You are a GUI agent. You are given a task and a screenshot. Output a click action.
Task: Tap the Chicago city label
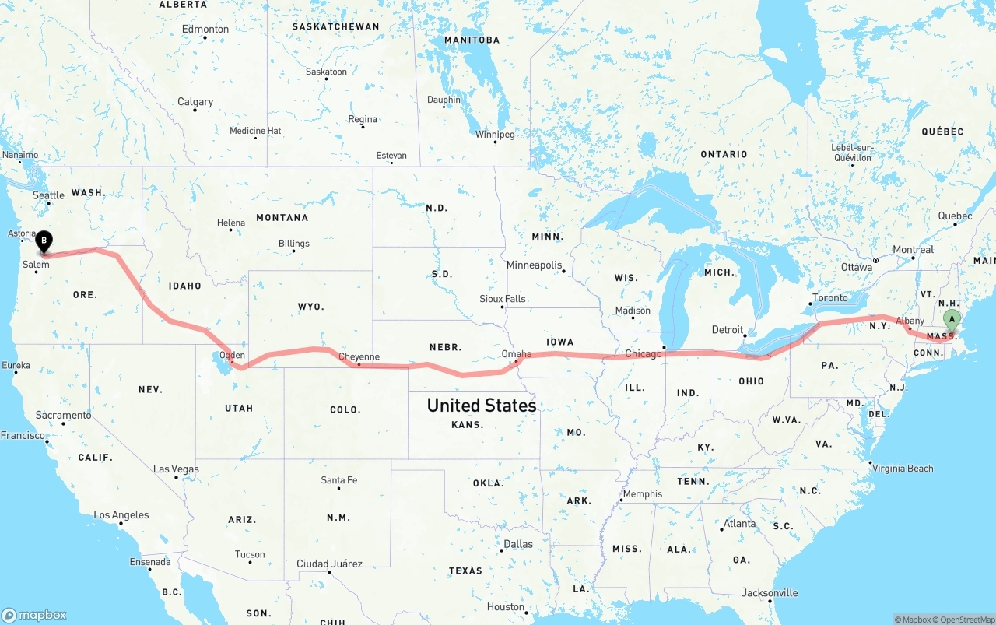coord(643,354)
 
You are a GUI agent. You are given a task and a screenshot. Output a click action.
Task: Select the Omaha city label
coord(517,354)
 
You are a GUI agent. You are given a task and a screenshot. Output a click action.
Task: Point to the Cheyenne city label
coord(359,357)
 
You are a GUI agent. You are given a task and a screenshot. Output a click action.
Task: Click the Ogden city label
coord(233,356)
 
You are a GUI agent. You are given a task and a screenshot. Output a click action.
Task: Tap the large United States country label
coord(481,406)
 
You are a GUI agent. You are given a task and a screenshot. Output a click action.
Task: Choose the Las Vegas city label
coord(176,469)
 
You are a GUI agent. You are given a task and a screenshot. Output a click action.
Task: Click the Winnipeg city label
coord(495,135)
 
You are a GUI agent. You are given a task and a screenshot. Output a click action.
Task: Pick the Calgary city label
coord(195,102)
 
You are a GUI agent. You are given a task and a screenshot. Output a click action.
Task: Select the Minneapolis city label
coord(534,265)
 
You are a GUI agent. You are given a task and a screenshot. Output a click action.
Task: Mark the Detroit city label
coord(728,330)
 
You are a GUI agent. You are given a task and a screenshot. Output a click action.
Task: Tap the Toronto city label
coord(829,298)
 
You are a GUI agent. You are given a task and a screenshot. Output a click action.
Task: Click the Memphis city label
coord(642,494)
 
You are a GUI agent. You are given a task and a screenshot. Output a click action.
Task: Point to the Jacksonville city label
coord(770,593)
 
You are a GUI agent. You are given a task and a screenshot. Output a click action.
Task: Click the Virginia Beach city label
coord(903,469)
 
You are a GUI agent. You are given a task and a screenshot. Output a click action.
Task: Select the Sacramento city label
coord(64,416)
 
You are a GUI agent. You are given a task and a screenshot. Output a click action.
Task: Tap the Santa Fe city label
coord(339,480)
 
